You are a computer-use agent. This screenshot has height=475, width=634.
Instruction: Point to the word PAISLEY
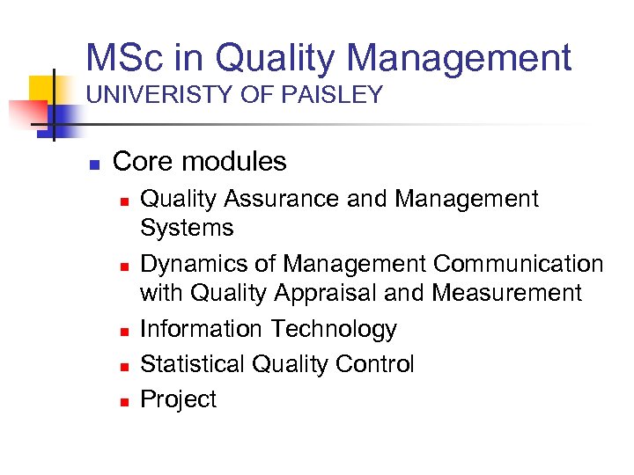pyautogui.click(x=335, y=96)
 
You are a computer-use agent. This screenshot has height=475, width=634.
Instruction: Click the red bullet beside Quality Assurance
pyautogui.click(x=124, y=201)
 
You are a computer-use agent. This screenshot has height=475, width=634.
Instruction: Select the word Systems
pyautogui.click(x=187, y=228)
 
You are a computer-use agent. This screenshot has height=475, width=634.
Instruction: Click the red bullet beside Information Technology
pyautogui.click(x=124, y=331)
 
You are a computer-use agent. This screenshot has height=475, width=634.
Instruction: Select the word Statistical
pyautogui.click(x=193, y=364)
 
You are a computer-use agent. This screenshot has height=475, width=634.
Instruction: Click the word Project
pyautogui.click(x=178, y=399)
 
